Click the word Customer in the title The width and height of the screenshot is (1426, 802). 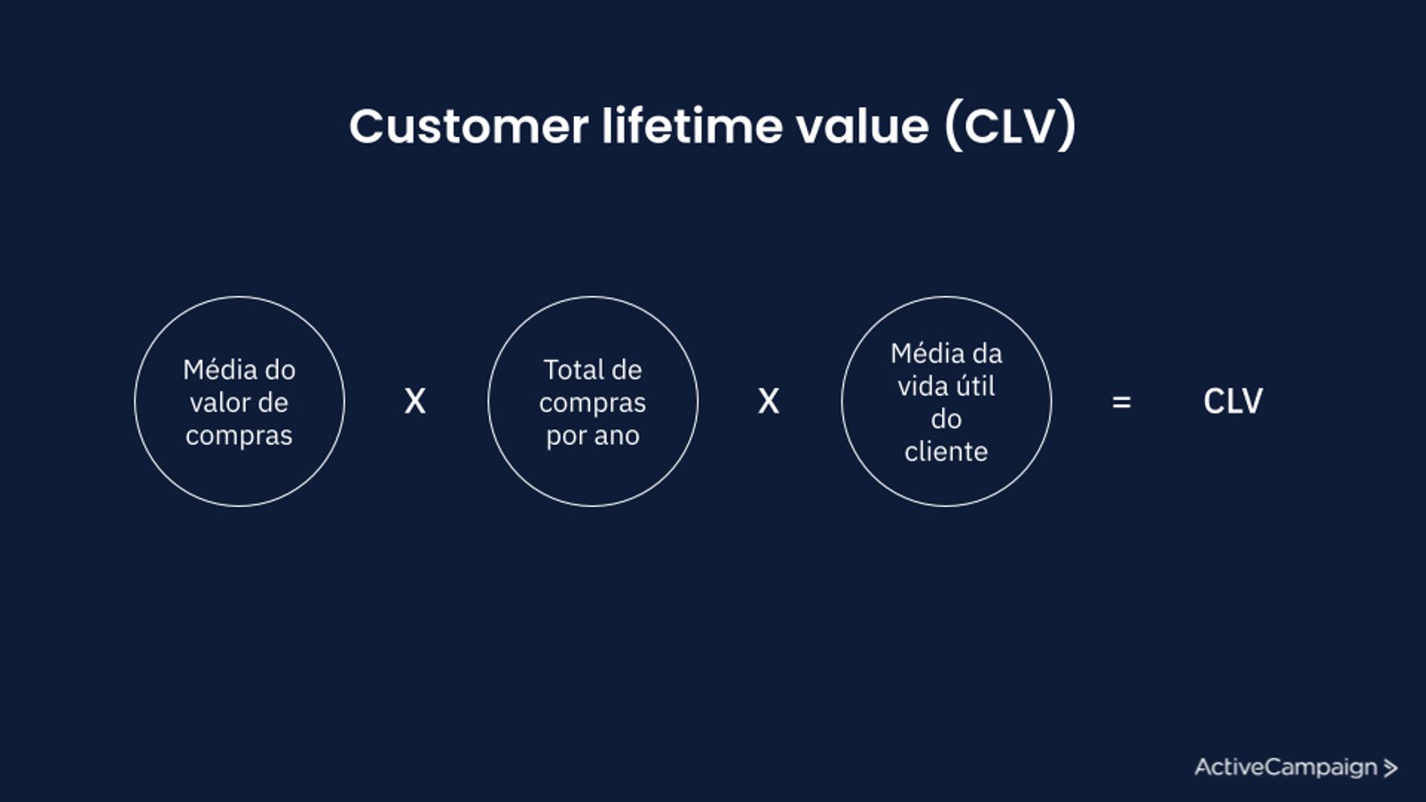[x=469, y=126]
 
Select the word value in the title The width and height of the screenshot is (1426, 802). [x=863, y=126]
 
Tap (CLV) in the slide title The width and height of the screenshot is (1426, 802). [x=1011, y=126]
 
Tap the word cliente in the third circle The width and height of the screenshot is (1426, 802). [x=946, y=451]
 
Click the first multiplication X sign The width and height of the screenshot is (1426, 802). [x=415, y=402]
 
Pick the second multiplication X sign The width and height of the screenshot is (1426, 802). [x=768, y=402]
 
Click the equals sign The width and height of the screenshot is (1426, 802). [x=1121, y=402]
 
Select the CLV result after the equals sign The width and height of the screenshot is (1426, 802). [x=1233, y=402]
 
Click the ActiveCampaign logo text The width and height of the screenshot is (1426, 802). [x=1285, y=767]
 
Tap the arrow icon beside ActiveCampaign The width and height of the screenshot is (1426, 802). [x=1390, y=768]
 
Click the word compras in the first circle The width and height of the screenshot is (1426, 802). [x=239, y=437]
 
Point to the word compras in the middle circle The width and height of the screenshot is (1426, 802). [x=593, y=404]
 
